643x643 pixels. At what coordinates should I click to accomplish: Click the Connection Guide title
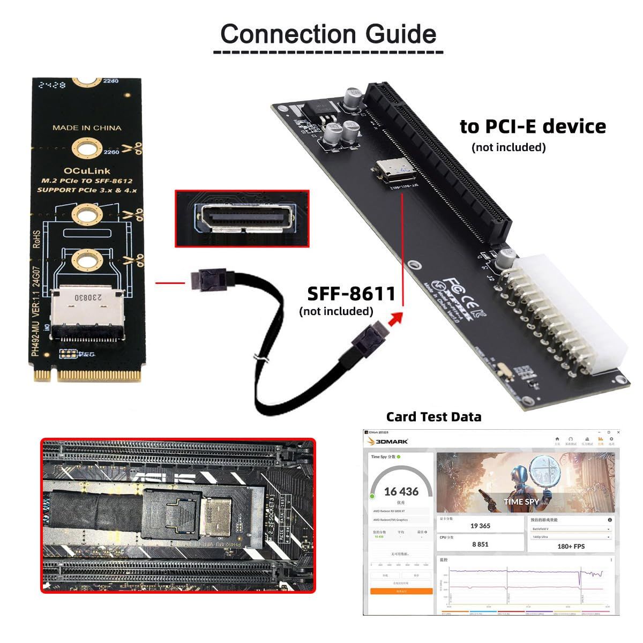click(328, 34)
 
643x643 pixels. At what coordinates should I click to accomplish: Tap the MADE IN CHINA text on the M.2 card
click(87, 128)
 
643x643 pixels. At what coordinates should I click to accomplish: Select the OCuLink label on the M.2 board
click(86, 170)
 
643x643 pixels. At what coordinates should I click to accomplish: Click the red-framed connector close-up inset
click(242, 219)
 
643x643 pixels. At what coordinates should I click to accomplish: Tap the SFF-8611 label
click(352, 294)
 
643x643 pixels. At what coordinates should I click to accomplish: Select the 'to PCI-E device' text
click(533, 126)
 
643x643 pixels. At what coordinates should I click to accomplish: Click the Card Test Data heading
click(433, 417)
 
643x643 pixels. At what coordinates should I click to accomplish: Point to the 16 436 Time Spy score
click(401, 491)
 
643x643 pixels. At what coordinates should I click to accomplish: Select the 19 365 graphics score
click(480, 526)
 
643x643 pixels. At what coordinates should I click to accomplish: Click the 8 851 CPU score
click(480, 544)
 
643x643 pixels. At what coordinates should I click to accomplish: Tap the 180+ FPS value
click(571, 546)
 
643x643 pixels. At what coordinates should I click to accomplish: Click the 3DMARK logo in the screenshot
click(388, 441)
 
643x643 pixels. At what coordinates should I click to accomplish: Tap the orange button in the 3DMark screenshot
click(401, 591)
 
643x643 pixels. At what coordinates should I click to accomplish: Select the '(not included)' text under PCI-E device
click(509, 147)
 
